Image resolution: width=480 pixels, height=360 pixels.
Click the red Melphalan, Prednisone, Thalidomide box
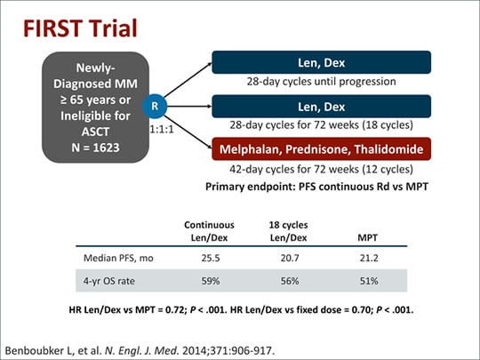(321, 148)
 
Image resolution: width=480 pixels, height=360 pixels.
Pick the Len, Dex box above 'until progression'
(321, 62)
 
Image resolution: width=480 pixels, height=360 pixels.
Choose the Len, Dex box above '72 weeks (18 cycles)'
(321, 106)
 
